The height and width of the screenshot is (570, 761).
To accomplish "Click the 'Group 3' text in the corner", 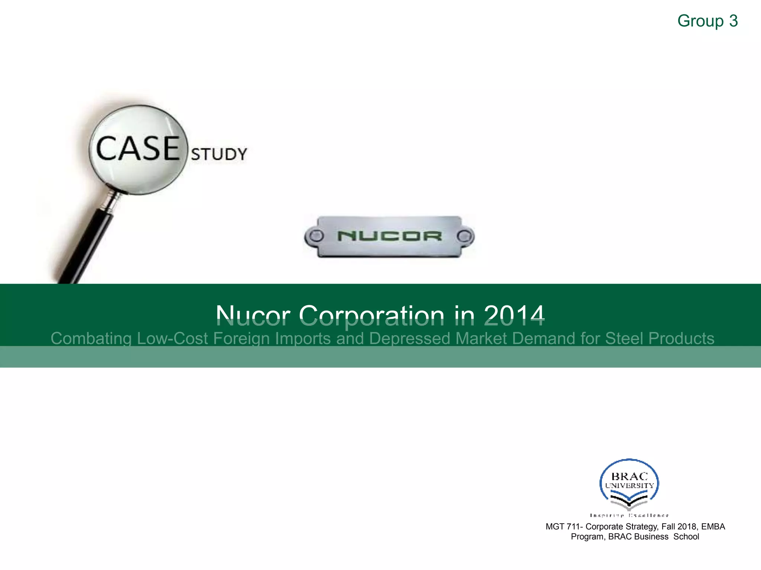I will pos(707,21).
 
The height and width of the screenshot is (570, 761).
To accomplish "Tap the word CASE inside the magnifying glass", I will pos(138,148).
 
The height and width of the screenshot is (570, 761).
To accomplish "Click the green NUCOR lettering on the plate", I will pos(389,236).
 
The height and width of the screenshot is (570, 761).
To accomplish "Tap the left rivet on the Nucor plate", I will pos(316,236).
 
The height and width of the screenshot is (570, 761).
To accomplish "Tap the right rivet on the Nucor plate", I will pos(464,236).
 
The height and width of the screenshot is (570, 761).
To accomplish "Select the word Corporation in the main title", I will pos(372,315).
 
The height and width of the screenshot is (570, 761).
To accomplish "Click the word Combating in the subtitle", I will pos(91,338).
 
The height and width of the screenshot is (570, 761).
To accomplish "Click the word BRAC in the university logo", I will pos(629,476).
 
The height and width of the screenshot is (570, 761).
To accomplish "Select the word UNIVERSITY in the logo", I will pos(629,485).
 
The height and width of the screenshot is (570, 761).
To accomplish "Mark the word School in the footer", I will pos(686,537).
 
